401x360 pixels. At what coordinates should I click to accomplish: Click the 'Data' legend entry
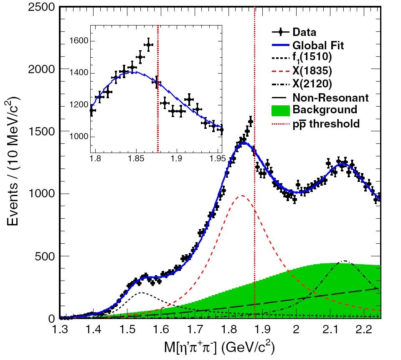(304, 32)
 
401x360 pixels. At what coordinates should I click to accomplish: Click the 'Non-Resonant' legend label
(330, 98)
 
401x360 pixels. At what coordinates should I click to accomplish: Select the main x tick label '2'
(296, 330)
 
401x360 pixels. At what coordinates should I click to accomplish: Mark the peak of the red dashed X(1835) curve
(241, 195)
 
